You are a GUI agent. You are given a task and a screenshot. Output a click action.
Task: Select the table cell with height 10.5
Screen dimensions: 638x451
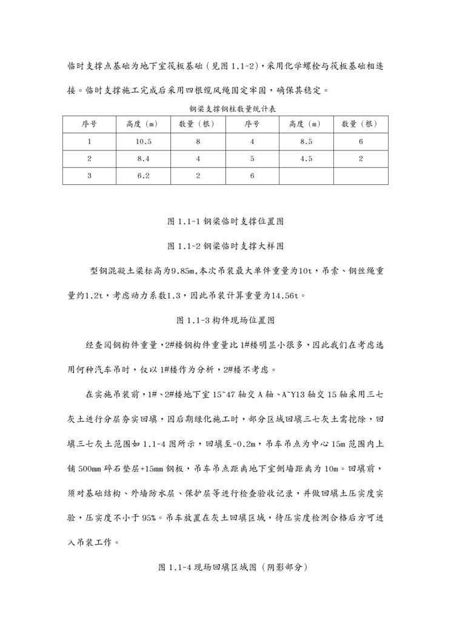point(144,141)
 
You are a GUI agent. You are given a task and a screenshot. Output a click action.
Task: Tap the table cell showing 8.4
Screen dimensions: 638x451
point(144,158)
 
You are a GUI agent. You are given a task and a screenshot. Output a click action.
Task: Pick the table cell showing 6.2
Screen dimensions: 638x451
point(144,175)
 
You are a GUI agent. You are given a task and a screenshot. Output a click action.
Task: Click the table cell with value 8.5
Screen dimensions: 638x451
point(306,141)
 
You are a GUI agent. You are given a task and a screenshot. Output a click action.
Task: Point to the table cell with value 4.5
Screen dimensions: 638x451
point(306,158)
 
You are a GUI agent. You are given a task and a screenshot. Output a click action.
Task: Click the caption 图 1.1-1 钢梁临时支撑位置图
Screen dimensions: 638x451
point(225,222)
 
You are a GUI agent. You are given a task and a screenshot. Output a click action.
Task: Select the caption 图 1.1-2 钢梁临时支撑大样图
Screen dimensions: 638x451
point(225,246)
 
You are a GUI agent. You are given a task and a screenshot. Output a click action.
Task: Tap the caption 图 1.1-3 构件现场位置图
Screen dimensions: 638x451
point(225,320)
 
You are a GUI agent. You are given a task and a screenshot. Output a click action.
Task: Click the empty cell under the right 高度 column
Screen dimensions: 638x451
point(306,175)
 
